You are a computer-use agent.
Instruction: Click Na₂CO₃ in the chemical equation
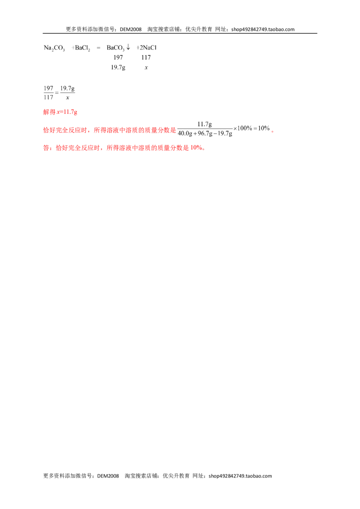[x=54, y=48]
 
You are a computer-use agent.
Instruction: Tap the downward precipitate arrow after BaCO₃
[x=128, y=47]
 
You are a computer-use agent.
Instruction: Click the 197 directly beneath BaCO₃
[x=118, y=58]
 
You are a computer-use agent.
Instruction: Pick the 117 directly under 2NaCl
[x=146, y=58]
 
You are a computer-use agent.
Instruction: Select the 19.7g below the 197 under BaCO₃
[x=118, y=67]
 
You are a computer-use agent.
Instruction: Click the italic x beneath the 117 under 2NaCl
[x=146, y=67]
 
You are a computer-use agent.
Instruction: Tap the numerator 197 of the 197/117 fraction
[x=49, y=88]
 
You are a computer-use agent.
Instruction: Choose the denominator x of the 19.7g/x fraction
[x=67, y=98]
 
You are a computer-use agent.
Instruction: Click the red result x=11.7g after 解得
[x=67, y=112]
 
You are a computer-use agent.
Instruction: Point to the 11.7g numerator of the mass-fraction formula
[x=205, y=124]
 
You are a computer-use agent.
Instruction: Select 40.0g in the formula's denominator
[x=185, y=133]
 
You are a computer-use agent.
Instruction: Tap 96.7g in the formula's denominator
[x=205, y=133]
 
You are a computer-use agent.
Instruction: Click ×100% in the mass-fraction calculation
[x=243, y=128]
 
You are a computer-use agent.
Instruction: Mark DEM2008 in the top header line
[x=130, y=29]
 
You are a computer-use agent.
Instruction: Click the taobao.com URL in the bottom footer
[x=240, y=476]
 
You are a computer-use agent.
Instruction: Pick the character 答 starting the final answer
[x=46, y=147]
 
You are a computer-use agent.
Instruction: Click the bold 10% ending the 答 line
[x=196, y=147]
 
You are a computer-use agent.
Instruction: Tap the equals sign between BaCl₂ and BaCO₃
[x=99, y=48]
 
